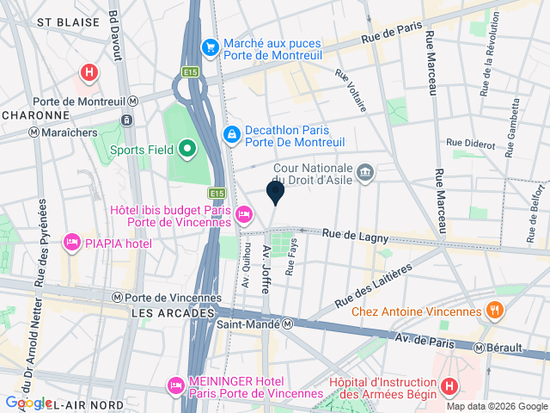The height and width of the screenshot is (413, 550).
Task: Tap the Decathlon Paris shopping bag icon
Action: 232,135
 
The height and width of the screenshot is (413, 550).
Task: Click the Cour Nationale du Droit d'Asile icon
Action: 366,173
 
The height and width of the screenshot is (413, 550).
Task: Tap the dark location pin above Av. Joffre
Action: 275,192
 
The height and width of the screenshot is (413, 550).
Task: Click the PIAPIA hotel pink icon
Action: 71,243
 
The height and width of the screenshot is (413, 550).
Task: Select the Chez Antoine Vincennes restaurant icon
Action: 494,310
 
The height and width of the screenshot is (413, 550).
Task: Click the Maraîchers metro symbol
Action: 34,133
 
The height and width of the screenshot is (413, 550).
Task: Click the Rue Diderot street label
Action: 473,143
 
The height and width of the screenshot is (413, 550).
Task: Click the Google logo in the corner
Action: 27,403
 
